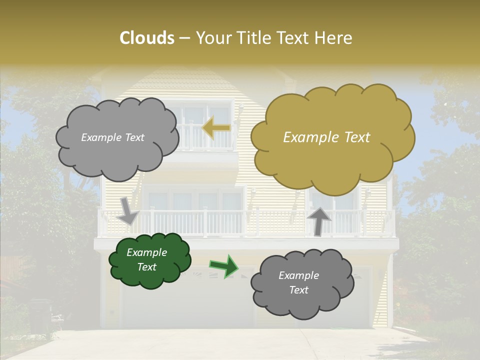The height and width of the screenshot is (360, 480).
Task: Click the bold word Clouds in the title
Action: (x=146, y=38)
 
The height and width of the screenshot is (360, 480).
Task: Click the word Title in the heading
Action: (x=252, y=38)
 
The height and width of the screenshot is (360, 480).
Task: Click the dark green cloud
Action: (x=149, y=260)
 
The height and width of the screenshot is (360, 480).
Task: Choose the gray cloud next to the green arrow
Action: (x=302, y=283)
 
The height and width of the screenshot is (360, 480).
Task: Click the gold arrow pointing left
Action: (x=216, y=128)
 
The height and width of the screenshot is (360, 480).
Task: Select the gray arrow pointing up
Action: (x=318, y=220)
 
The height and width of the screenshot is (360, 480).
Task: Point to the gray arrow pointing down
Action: (x=128, y=211)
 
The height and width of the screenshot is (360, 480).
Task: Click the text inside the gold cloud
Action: (x=326, y=137)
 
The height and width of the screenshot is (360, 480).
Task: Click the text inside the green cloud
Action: (x=146, y=259)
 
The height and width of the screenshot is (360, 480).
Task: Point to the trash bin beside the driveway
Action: (x=40, y=315)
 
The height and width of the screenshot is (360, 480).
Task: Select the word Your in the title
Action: (x=213, y=38)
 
